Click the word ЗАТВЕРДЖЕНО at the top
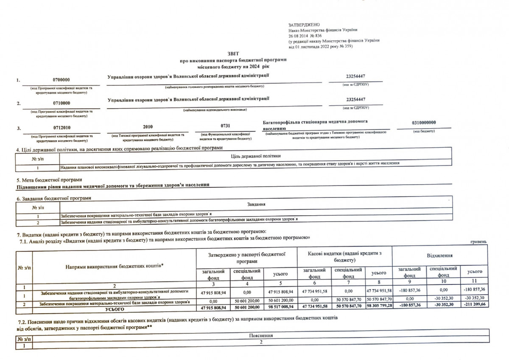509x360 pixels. tap(304, 25)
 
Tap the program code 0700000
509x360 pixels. tap(62, 80)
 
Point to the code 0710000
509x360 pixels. tap(62, 103)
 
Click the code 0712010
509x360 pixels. tap(62, 127)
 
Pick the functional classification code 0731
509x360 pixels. tap(226, 126)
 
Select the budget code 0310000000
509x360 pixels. tap(424, 123)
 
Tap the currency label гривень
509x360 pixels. tap(478, 242)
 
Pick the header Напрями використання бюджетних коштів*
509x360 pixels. tap(115, 266)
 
